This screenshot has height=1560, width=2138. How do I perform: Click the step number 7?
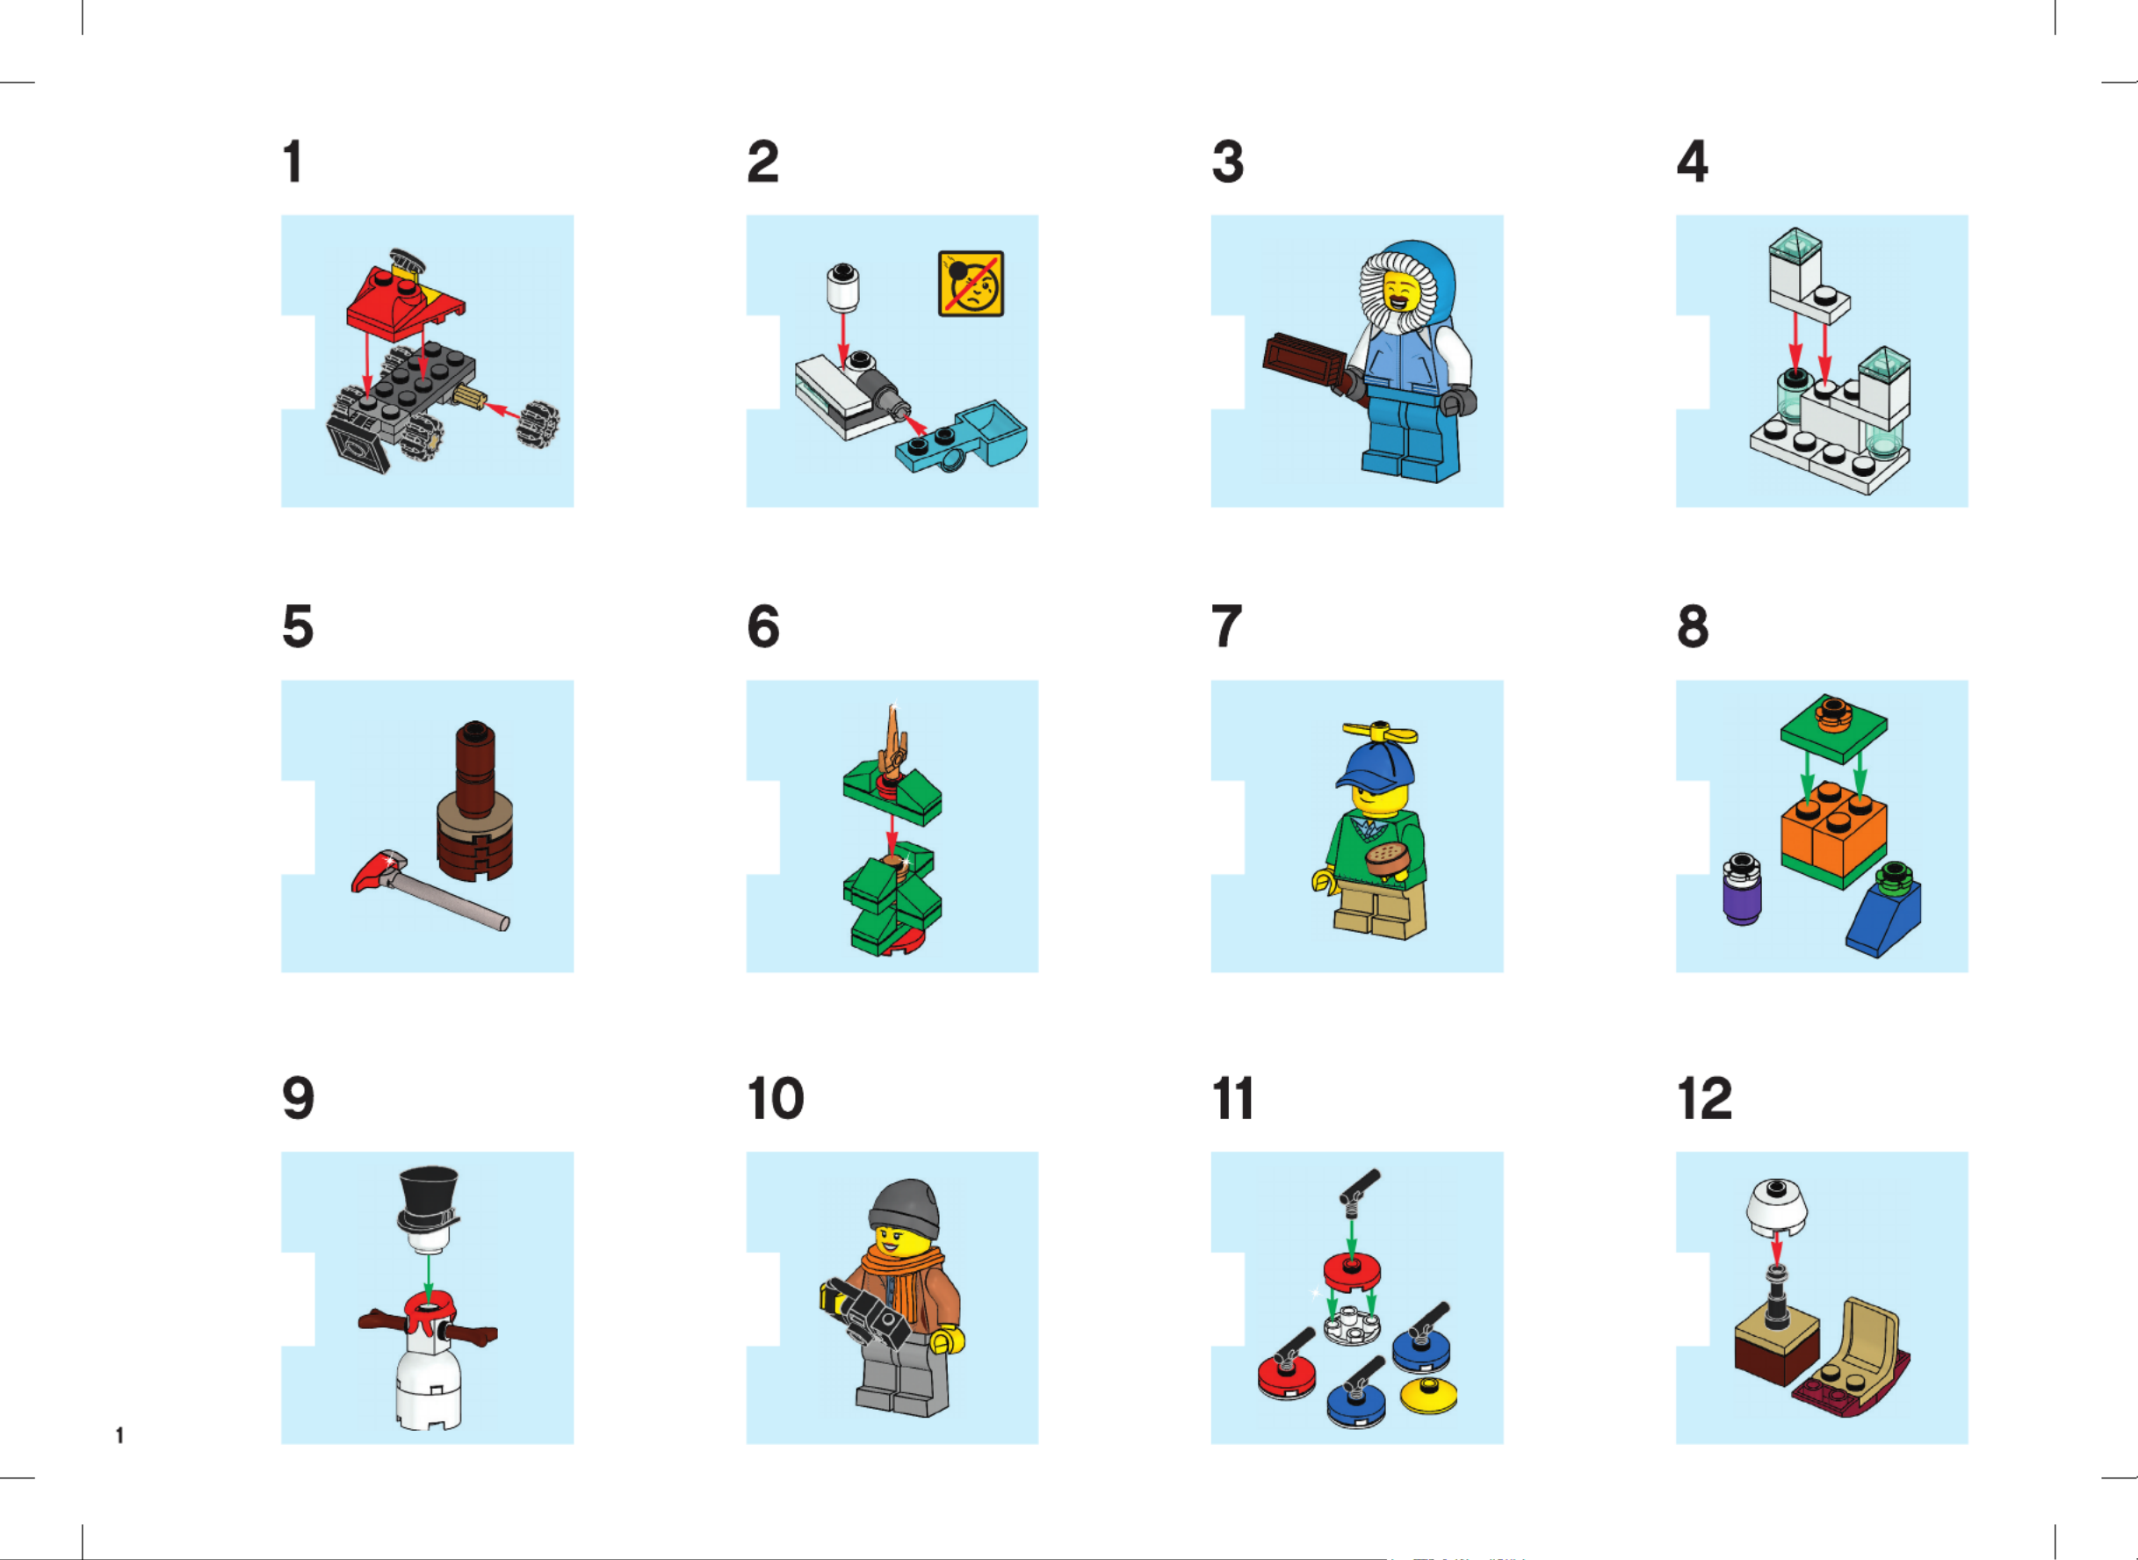[1227, 626]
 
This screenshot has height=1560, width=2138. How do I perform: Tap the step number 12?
[1705, 1098]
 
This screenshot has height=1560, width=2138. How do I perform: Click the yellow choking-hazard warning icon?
[971, 284]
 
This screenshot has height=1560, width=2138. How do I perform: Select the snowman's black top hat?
[429, 1198]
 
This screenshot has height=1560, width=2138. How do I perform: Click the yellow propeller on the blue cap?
[1380, 733]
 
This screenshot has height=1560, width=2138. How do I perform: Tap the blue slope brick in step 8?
[1885, 919]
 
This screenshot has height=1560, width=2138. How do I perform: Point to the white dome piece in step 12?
[1776, 1208]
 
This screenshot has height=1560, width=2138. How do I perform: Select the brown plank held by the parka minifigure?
[1304, 360]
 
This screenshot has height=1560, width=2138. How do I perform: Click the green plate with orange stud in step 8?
[1834, 730]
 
